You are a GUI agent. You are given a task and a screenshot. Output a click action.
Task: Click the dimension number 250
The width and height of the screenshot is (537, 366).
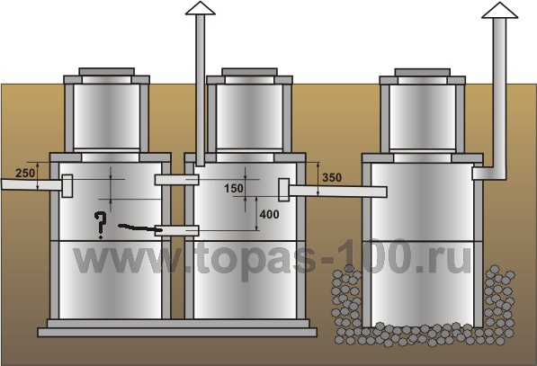tap(25, 174)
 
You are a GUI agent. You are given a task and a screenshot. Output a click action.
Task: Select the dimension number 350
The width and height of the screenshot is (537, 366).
tap(332, 178)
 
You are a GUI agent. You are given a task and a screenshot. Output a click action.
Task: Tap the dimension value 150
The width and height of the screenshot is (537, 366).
tap(234, 188)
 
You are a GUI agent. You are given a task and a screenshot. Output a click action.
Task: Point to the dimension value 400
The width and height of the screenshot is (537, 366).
tap(269, 215)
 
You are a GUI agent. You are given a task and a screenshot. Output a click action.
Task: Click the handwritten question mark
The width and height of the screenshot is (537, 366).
tap(100, 225)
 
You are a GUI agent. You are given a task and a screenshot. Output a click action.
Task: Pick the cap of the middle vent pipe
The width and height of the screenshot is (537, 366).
tap(201, 8)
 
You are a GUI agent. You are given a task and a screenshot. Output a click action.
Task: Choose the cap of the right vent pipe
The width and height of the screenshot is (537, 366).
tap(499, 10)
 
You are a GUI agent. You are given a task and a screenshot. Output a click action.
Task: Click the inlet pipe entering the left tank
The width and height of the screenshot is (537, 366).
tap(31, 185)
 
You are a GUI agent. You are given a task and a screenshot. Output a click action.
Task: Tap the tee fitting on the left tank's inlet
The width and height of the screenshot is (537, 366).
tap(67, 186)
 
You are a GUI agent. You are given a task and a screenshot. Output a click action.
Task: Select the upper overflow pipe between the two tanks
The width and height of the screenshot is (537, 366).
tap(176, 180)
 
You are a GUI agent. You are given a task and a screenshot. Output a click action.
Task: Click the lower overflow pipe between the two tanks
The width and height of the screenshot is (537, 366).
tap(176, 230)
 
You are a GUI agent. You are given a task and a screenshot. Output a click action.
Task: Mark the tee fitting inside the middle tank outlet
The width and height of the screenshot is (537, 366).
tap(284, 190)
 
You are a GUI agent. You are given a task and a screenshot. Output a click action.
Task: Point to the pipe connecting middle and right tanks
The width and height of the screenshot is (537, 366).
tap(338, 192)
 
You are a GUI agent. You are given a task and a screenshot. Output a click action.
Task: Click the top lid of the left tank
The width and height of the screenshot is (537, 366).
tap(106, 72)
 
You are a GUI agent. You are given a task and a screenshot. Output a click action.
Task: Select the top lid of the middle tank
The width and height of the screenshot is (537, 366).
tap(249, 72)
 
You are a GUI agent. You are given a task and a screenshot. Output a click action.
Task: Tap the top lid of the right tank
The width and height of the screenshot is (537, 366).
tap(422, 72)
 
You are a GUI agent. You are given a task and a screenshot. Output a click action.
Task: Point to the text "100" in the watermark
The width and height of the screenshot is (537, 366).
tap(375, 257)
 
